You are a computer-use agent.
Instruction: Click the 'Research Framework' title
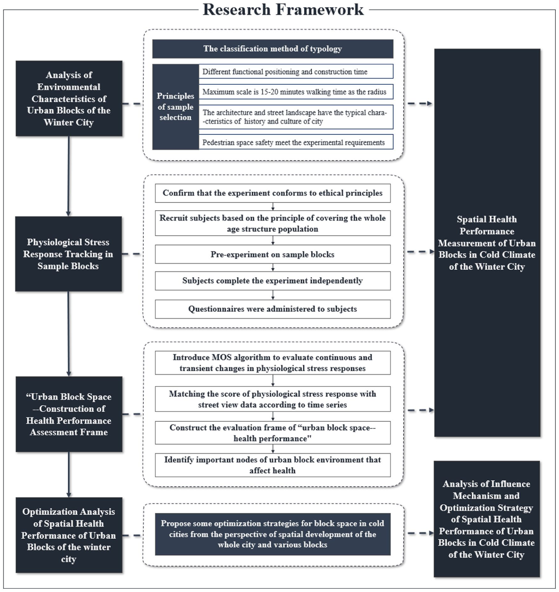[283, 9]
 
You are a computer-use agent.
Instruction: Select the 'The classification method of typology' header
[273, 49]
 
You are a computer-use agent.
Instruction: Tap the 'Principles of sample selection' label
[176, 107]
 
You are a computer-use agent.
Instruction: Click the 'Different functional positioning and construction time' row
[296, 72]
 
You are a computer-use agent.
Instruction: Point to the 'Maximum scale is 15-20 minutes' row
[296, 92]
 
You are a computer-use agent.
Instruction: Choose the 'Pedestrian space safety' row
[296, 142]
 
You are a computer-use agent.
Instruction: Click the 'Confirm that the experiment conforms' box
[273, 193]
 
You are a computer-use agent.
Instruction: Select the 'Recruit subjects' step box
[273, 223]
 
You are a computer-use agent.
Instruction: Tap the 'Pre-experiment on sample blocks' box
[273, 254]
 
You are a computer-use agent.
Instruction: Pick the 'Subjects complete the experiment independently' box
[273, 281]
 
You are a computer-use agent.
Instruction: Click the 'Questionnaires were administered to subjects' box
[273, 309]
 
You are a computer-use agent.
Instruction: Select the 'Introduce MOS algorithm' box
[273, 363]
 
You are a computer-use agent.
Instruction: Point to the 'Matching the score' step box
[273, 399]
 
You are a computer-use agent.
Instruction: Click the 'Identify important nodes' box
[273, 465]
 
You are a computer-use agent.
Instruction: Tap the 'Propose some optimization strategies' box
[273, 534]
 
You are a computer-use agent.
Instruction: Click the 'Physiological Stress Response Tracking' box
[69, 254]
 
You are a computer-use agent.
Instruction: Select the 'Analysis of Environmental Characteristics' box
[69, 98]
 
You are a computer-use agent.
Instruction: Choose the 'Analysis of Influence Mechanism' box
[487, 519]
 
